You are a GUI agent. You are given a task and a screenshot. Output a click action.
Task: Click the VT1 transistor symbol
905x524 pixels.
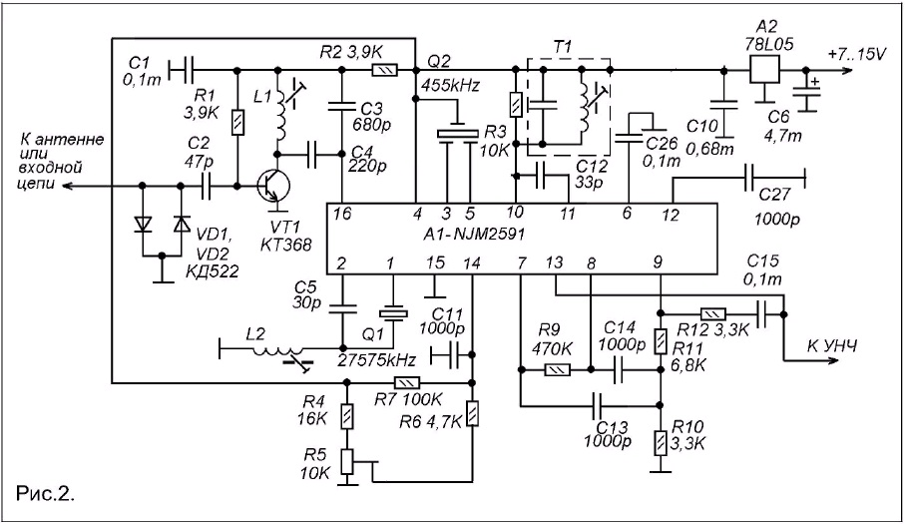[273, 187]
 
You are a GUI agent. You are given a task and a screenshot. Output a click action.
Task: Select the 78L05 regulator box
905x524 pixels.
[764, 70]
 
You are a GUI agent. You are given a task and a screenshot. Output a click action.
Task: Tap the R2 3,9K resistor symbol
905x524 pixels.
[384, 70]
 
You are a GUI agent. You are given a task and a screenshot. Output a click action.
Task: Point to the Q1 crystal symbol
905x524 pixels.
[393, 313]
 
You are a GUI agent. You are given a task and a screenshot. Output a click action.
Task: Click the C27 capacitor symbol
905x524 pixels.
[748, 178]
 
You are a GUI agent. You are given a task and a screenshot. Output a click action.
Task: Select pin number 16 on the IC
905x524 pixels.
[342, 215]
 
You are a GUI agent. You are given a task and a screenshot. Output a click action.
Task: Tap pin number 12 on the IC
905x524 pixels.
[671, 216]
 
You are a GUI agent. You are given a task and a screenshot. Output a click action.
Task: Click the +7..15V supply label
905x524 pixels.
[856, 55]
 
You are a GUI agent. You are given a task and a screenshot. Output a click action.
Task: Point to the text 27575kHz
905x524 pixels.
[377, 360]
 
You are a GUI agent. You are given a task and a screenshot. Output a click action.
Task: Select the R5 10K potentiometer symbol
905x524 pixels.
[346, 461]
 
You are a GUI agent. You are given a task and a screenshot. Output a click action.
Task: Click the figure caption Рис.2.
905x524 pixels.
[45, 494]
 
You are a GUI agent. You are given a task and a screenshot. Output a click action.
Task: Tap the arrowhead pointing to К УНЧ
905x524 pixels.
[831, 361]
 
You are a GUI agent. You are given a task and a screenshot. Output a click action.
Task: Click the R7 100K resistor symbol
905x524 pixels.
[407, 382]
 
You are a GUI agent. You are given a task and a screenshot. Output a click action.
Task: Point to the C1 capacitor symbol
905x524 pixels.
[181, 70]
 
